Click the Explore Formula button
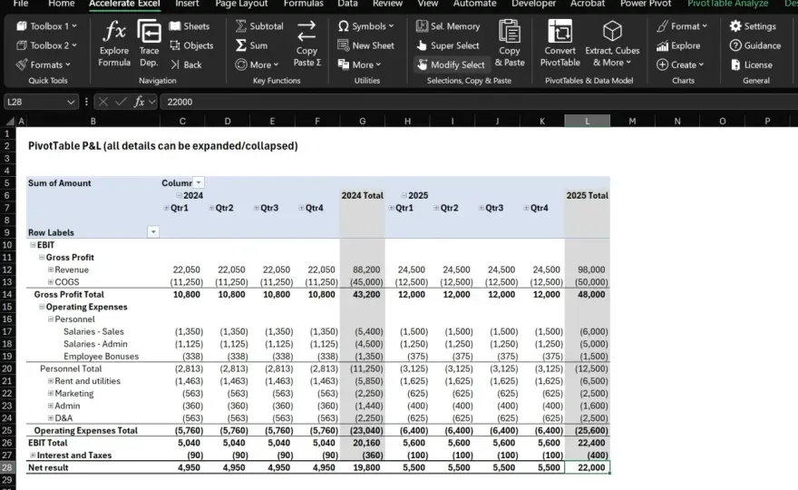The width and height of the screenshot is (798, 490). [114, 44]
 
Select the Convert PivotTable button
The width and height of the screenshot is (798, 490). [560, 44]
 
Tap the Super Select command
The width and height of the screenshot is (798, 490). [448, 45]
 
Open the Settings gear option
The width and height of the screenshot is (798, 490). [753, 26]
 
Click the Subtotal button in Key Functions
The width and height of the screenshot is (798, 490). [259, 26]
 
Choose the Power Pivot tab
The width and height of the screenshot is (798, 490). [646, 4]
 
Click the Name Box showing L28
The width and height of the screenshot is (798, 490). [40, 102]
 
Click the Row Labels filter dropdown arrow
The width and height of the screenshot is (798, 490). [152, 232]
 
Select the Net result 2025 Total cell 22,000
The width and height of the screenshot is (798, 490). [588, 467]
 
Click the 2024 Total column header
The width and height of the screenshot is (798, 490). [362, 196]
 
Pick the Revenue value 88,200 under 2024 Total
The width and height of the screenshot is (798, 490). [366, 270]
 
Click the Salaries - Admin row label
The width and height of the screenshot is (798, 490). [95, 344]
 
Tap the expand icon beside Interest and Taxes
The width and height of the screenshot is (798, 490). [33, 456]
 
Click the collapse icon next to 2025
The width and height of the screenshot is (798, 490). [404, 196]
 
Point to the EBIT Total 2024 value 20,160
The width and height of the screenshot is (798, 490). [366, 443]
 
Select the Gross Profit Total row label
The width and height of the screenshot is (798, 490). [69, 294]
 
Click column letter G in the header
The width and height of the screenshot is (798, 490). [363, 122]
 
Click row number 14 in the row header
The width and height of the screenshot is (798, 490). [7, 294]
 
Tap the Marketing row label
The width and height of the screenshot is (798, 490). [74, 394]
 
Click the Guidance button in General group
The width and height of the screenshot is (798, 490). [755, 45]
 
